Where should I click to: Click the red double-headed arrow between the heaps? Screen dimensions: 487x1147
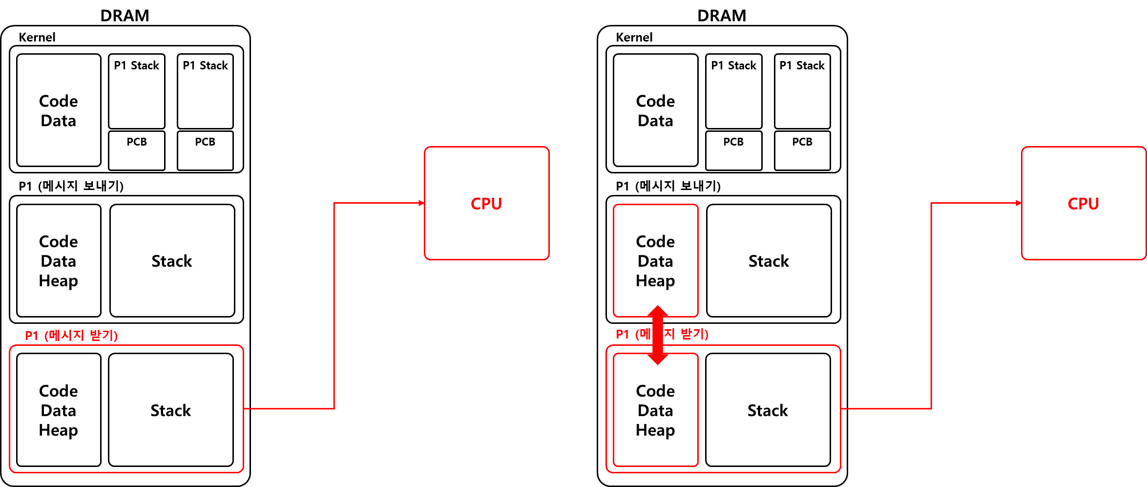(658, 335)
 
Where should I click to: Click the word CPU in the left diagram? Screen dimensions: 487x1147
(486, 204)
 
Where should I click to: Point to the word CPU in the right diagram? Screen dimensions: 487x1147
(1083, 204)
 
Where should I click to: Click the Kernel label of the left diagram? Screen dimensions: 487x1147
(37, 38)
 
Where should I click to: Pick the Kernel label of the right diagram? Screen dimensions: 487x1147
(634, 38)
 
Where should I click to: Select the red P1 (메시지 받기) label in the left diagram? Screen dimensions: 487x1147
(71, 336)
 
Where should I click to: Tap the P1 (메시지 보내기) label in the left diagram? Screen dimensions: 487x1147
(71, 186)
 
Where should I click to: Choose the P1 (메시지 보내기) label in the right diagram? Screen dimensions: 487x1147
(668, 186)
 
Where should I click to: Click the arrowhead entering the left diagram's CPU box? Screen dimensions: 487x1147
(421, 203)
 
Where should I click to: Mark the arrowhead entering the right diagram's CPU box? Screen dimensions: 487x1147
(1018, 203)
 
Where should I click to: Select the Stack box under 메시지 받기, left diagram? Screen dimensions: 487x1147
(171, 410)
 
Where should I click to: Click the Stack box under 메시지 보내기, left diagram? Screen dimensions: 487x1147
(172, 261)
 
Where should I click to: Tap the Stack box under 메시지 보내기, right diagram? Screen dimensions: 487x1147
(769, 261)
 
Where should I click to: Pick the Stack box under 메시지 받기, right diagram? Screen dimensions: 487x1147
(768, 410)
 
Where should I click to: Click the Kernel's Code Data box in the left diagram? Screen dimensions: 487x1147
(59, 110)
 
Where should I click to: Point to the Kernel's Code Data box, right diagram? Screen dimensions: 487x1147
(655, 110)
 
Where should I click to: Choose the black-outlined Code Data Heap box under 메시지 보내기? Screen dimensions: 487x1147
(59, 261)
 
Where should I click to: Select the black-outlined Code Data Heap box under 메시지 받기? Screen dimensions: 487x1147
(59, 410)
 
